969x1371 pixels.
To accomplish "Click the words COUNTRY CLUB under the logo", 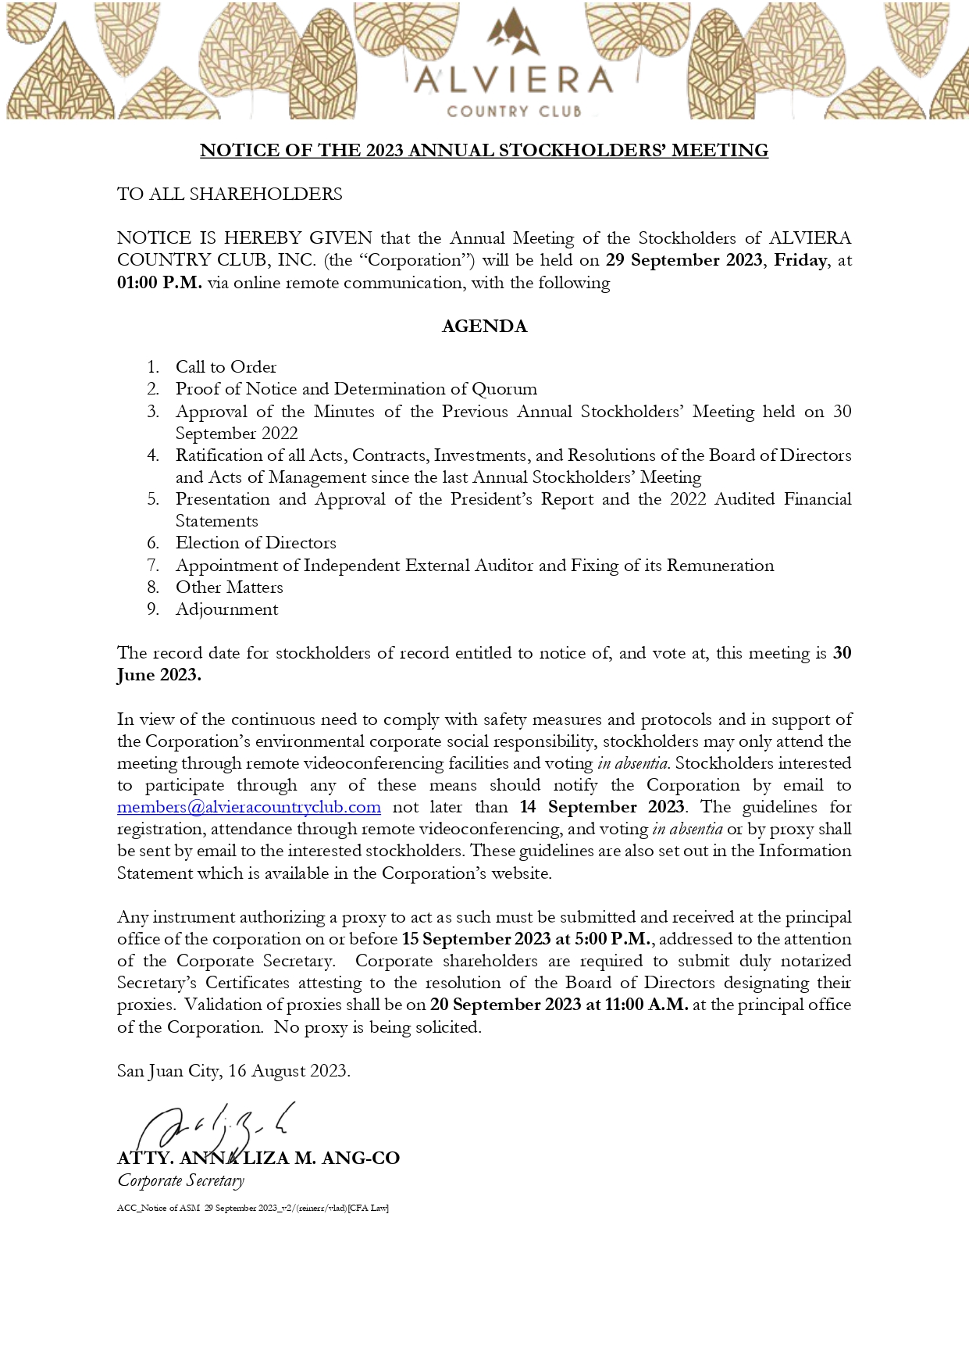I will point(514,112).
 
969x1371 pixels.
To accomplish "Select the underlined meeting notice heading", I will point(484,150).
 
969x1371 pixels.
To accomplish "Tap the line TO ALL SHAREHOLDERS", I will point(230,194).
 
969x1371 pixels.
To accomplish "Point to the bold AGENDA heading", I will point(484,327).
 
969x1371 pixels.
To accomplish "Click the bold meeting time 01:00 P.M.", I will point(159,283).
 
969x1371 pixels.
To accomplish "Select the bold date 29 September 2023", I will point(683,260).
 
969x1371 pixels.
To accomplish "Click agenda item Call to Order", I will point(226,367).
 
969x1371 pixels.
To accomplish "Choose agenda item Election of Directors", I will point(255,543).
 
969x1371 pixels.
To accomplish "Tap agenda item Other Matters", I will point(229,587).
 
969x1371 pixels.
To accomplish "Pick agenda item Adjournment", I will point(226,609).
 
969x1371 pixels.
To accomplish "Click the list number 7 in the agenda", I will point(153,566).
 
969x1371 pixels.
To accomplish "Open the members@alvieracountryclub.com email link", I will point(249,807).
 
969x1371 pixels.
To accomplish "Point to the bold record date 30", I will point(842,653).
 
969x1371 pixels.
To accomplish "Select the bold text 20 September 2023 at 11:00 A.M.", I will point(559,1005).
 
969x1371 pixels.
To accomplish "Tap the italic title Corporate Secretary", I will point(181,1180).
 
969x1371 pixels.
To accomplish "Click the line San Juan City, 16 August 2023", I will point(233,1071).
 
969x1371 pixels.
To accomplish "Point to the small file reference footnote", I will point(253,1209).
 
